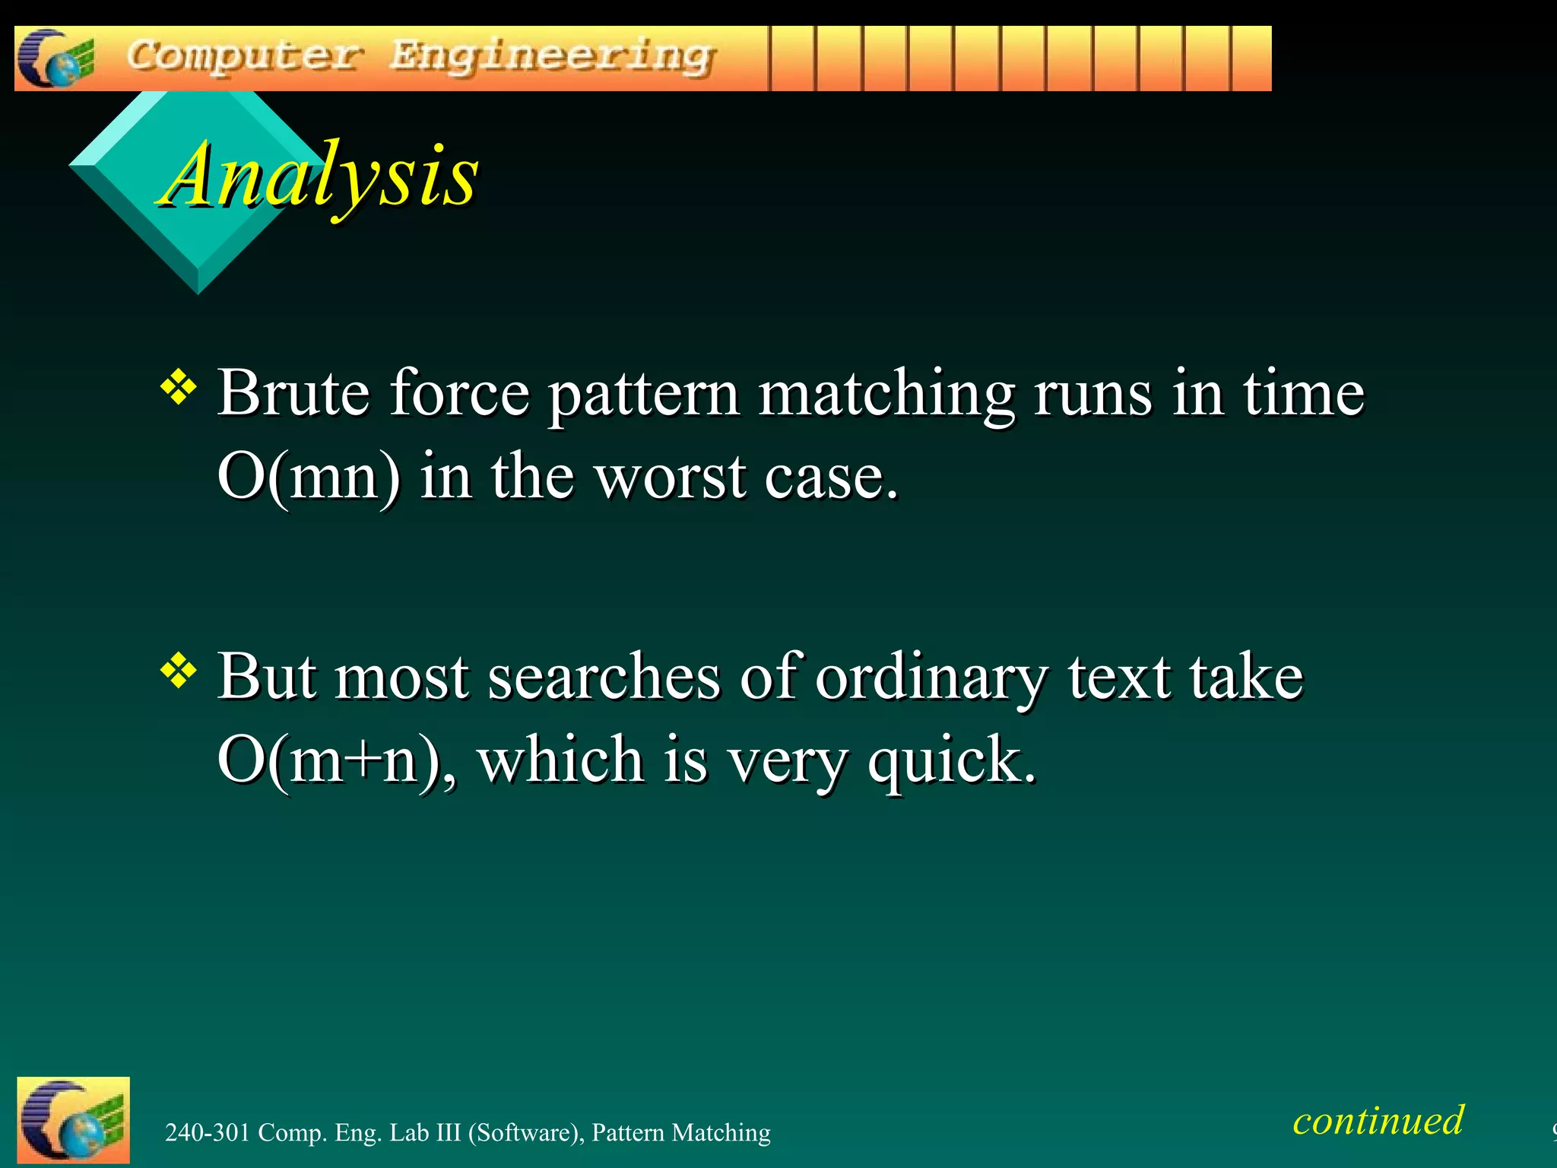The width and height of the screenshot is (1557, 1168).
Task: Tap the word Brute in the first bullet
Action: (293, 393)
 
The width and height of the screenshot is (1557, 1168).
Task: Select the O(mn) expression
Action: (308, 477)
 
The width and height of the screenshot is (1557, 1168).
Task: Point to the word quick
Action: (952, 760)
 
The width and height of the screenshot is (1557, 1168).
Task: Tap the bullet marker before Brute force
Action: (179, 387)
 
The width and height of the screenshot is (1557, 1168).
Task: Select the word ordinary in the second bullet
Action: (932, 677)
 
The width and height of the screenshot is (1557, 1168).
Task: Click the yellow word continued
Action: (1378, 1120)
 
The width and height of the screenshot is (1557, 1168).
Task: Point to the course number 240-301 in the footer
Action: (208, 1132)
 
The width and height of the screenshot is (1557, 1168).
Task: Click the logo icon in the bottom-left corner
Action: (73, 1120)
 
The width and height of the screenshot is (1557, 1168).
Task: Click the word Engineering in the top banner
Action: (552, 57)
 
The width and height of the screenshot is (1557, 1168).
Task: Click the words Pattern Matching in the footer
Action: (680, 1132)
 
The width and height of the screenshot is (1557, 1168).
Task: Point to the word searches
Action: (604, 677)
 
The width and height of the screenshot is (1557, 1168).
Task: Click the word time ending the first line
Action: (1303, 393)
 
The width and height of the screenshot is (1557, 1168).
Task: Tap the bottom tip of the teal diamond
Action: (198, 291)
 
